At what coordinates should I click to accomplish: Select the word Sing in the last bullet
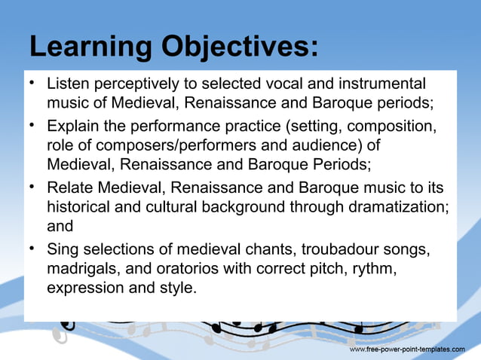(x=61, y=248)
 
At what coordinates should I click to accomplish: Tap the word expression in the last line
(x=83, y=287)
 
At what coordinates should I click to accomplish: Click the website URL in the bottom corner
(x=407, y=350)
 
